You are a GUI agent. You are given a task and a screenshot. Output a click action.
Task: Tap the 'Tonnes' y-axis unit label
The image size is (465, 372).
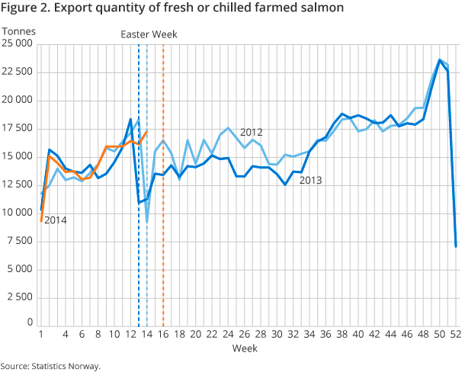[x=19, y=31]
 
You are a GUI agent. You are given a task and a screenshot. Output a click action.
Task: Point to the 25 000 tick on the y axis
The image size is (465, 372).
[x=18, y=43]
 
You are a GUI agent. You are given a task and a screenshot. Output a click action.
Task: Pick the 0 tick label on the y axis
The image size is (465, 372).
[x=29, y=322]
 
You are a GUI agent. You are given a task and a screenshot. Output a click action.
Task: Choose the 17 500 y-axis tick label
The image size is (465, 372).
[x=18, y=128]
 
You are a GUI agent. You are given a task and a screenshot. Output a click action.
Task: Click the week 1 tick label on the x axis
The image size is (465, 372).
[x=40, y=334]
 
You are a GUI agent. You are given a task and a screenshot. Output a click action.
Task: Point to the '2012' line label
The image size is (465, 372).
[x=251, y=132]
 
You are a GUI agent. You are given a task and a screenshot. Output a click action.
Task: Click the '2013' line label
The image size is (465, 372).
[x=310, y=181]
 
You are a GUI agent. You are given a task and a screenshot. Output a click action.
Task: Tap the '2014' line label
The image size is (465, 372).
[x=55, y=220]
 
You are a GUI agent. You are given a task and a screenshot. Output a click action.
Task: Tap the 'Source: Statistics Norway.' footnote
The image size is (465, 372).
[x=50, y=366]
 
